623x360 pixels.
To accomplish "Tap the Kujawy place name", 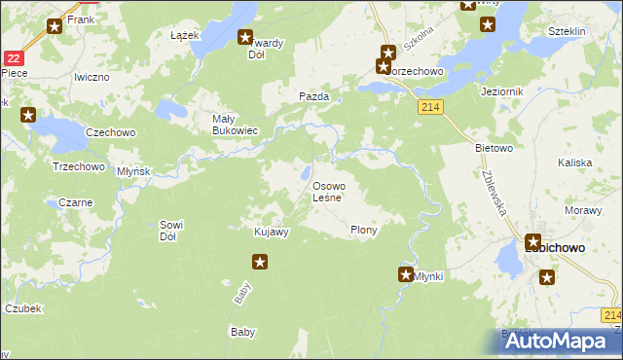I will (271, 232).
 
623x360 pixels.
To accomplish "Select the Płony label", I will (363, 231).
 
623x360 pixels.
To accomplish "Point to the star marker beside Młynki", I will (405, 275).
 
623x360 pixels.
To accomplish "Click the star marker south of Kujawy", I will (260, 261).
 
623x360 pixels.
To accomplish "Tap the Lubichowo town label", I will (555, 248).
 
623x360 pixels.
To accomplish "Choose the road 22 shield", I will (12, 58).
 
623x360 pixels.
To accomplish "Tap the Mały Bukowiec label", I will (235, 126).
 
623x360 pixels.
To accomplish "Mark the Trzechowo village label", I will (78, 166).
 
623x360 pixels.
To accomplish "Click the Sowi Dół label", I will (172, 231).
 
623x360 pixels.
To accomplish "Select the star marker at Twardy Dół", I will (245, 38).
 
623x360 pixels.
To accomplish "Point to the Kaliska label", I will (575, 163).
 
